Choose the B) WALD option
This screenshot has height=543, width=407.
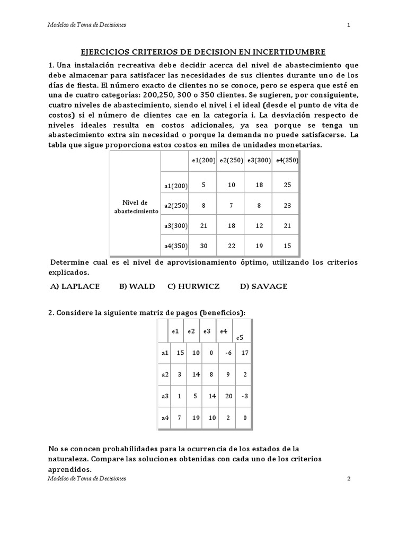(x=137, y=286)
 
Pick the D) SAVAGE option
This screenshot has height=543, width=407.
(x=263, y=286)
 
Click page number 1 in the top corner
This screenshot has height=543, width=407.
(x=348, y=25)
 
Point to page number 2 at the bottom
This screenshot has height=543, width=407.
(x=349, y=478)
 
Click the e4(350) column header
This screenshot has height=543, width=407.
(x=286, y=160)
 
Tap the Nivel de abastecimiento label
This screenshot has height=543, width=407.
(x=136, y=206)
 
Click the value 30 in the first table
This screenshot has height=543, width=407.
(x=203, y=246)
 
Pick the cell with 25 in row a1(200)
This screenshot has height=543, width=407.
(x=287, y=185)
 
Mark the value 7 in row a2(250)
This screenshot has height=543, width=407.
(x=231, y=205)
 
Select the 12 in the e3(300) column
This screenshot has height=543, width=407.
(x=259, y=225)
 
